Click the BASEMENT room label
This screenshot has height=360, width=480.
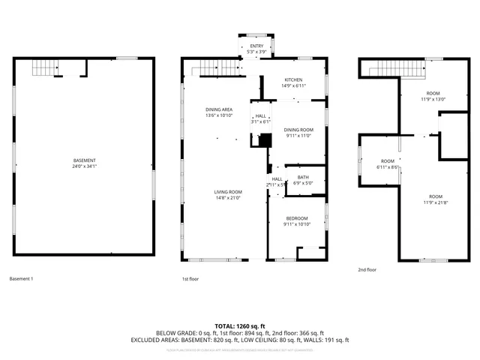(84, 160)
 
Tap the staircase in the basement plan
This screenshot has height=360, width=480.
(46, 70)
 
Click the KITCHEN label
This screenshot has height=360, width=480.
(292, 79)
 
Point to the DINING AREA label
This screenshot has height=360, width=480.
(219, 109)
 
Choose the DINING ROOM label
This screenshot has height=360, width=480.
(298, 130)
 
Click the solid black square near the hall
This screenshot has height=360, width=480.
(264, 139)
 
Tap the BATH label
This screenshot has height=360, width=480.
(303, 177)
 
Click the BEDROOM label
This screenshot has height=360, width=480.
(296, 218)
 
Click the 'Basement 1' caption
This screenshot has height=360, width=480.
(21, 279)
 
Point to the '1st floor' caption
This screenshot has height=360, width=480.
(190, 279)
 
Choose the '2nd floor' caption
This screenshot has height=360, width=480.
(367, 269)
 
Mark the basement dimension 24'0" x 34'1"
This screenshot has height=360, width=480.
(84, 166)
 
